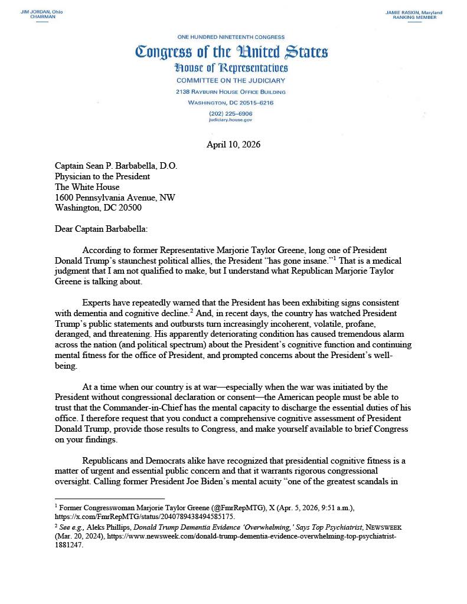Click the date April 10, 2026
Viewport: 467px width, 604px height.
(x=233, y=145)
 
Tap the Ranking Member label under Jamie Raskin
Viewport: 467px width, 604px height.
(x=414, y=18)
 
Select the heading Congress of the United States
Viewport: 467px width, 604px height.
(x=231, y=52)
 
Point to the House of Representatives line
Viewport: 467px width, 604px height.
(x=231, y=68)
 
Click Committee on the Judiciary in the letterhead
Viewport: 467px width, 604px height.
(x=231, y=81)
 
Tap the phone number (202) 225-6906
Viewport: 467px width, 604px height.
(x=230, y=113)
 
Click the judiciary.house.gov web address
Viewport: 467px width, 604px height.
(x=230, y=119)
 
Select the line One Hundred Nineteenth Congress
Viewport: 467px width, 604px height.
(x=231, y=37)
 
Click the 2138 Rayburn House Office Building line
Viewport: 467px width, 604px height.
(x=231, y=92)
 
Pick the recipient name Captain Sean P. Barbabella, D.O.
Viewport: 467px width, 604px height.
(x=116, y=166)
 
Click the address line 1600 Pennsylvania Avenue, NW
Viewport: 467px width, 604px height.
(x=115, y=198)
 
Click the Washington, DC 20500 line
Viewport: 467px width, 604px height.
(x=98, y=208)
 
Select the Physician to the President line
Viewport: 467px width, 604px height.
(x=102, y=176)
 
